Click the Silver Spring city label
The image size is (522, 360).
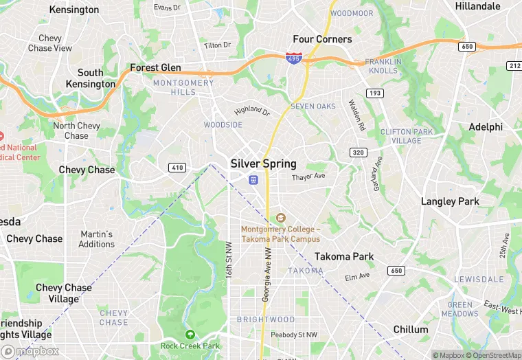(264, 164)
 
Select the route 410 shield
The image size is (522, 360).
(177, 167)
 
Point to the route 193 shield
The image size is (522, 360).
(375, 93)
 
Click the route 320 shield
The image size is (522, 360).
(357, 153)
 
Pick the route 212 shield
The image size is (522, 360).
(514, 65)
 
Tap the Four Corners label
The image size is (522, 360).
(322, 39)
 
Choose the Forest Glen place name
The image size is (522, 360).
(155, 68)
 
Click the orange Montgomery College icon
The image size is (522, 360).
(280, 218)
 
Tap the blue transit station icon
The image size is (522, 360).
(253, 180)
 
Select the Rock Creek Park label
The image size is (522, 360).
(190, 346)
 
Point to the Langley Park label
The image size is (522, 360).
(450, 201)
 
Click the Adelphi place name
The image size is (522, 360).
(486, 127)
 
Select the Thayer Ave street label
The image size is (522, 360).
(308, 177)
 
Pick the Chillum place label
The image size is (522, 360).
(411, 330)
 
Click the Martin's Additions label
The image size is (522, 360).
(97, 239)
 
